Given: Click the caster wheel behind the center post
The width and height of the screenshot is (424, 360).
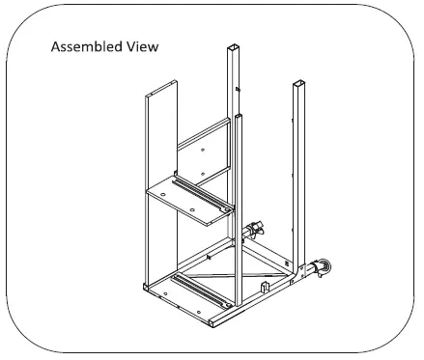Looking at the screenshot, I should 256,230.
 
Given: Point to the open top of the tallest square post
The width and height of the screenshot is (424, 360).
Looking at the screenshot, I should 233,45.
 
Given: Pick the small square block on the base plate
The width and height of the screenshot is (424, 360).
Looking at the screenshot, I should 267,288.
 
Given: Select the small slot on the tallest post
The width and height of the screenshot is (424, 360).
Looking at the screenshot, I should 236,92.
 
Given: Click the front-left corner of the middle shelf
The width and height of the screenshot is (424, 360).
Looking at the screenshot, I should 148,191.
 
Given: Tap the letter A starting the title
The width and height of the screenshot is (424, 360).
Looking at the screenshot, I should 54,46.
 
